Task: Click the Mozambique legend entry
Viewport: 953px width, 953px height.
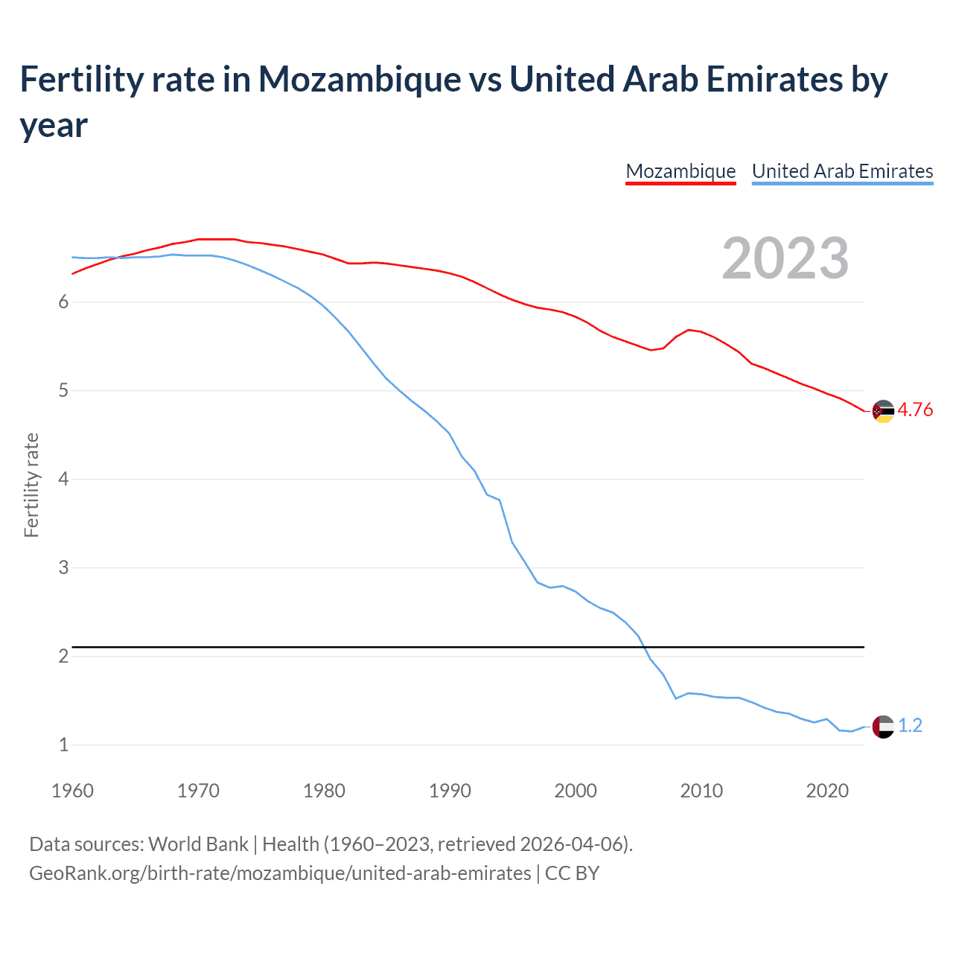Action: pyautogui.click(x=681, y=171)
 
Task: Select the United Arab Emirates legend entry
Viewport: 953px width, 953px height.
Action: pyautogui.click(x=842, y=171)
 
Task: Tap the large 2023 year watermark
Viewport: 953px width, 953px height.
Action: pyautogui.click(x=785, y=258)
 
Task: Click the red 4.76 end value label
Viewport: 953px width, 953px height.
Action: pyautogui.click(x=915, y=410)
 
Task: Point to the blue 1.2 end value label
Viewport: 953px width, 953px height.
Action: pyautogui.click(x=910, y=726)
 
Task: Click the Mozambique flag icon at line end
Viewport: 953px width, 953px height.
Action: pyautogui.click(x=883, y=411)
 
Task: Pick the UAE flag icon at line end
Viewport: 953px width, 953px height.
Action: pyautogui.click(x=883, y=727)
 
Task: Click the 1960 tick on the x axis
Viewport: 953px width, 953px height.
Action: pyautogui.click(x=72, y=791)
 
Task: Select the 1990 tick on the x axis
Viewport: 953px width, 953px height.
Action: pyautogui.click(x=450, y=791)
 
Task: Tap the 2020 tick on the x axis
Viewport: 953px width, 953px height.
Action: pyautogui.click(x=827, y=791)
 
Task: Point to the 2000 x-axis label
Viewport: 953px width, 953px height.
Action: pyautogui.click(x=576, y=791)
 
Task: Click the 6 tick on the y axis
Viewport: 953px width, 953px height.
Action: pyautogui.click(x=63, y=302)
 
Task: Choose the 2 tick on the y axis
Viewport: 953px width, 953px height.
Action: pyautogui.click(x=63, y=657)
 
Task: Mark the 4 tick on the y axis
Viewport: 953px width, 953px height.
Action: pyautogui.click(x=63, y=479)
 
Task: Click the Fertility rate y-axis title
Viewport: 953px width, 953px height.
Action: pyautogui.click(x=31, y=485)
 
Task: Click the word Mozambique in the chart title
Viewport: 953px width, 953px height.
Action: pyautogui.click(x=360, y=80)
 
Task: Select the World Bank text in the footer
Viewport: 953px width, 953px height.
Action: pyautogui.click(x=198, y=844)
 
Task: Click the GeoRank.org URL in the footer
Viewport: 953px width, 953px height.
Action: pyautogui.click(x=280, y=873)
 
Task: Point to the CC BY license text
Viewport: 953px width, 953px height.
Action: pyautogui.click(x=572, y=873)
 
